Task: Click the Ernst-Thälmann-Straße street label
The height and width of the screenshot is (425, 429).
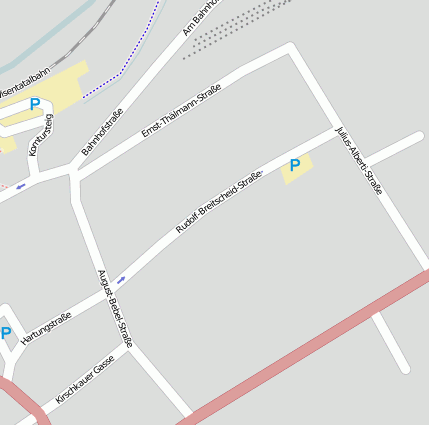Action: point(181,111)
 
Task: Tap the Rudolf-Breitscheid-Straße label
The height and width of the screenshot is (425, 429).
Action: point(218,203)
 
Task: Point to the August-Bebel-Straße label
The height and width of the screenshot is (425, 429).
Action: point(115,308)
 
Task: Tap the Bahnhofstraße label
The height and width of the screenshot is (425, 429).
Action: point(101,132)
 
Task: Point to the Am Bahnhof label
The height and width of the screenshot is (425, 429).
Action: point(201,18)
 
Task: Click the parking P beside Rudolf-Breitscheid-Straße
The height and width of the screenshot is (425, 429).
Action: point(295,165)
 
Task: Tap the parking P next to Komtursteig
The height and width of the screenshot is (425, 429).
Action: point(35,104)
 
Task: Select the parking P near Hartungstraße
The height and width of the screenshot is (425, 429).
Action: point(6,333)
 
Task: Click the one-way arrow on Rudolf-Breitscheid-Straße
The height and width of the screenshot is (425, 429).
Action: point(121,279)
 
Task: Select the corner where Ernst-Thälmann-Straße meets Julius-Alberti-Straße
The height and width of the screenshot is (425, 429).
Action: point(291,47)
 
